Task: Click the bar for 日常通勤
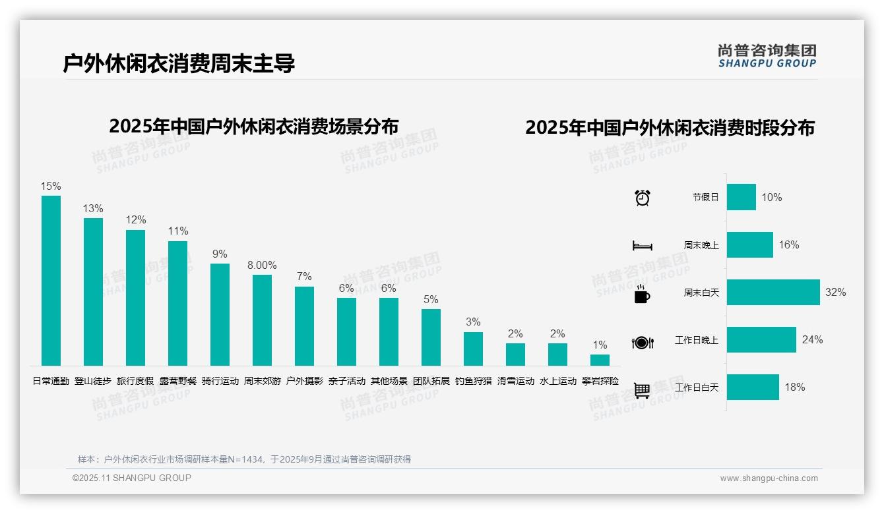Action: coord(51,281)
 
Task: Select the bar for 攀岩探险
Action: coord(600,360)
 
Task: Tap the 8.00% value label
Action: coord(262,265)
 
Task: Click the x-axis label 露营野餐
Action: coord(177,381)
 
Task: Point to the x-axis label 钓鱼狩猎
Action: coord(473,381)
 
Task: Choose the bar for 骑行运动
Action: coord(220,315)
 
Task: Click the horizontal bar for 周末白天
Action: coord(773,292)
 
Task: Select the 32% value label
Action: coord(835,292)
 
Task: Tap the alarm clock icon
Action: coord(642,198)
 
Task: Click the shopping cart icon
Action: coord(642,390)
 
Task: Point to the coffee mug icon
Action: coord(642,295)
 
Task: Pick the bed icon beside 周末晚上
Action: coord(642,246)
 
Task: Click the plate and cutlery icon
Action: coord(642,343)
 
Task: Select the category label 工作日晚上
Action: coord(697,340)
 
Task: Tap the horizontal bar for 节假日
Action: coord(742,197)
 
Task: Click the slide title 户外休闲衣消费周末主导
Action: coord(179,63)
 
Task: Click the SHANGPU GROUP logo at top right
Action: coord(767,56)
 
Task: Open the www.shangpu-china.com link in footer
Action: coord(769,478)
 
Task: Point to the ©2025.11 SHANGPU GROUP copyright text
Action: coord(132,478)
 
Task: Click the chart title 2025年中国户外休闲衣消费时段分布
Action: coord(670,127)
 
